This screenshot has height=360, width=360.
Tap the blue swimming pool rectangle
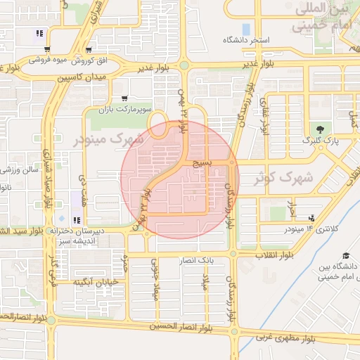246,29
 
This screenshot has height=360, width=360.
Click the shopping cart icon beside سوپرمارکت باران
124,99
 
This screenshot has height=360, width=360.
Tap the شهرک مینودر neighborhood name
108,139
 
